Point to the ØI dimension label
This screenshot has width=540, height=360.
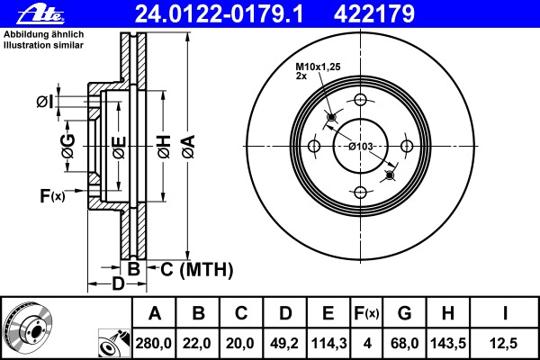[x=44, y=103]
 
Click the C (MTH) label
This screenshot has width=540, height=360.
[x=196, y=269]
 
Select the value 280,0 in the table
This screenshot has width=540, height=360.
[x=154, y=342]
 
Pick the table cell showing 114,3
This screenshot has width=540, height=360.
[x=327, y=342]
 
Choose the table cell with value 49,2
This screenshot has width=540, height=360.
[x=283, y=342]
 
